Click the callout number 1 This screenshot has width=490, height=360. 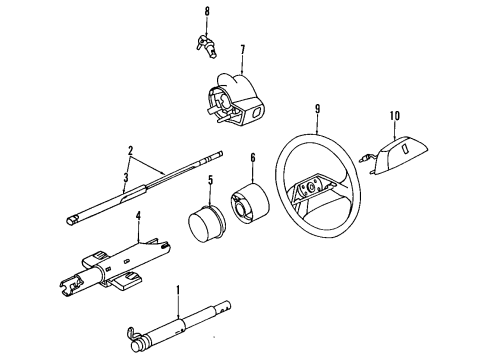click(x=178, y=292)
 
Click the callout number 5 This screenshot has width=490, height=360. click(x=211, y=181)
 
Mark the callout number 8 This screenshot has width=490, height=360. click(x=207, y=12)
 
